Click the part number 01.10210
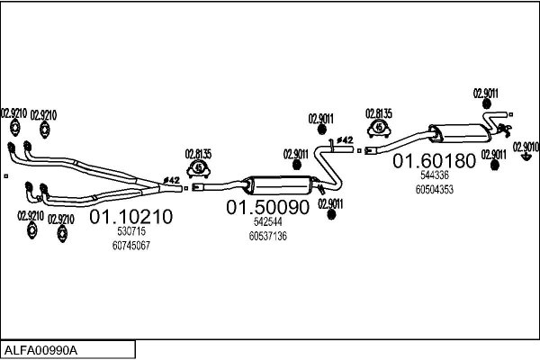coord(130,217)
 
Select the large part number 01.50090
coord(267,207)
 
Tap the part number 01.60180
coord(435,161)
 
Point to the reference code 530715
coord(131,231)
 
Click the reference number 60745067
coord(131,246)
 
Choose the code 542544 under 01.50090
coord(268,222)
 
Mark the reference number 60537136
coord(268,237)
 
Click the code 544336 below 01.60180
coord(435,175)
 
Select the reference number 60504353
coord(435,190)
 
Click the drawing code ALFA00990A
coord(40,350)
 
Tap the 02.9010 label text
coord(526,147)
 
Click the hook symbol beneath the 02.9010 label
coord(526,157)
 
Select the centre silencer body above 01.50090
coord(282,185)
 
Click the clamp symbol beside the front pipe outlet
coord(198,168)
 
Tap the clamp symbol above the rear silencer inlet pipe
coord(379,128)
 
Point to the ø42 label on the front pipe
coord(172,180)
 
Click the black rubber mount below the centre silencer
coord(331,214)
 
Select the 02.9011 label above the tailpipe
coord(486,94)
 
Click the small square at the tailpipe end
coord(511,114)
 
